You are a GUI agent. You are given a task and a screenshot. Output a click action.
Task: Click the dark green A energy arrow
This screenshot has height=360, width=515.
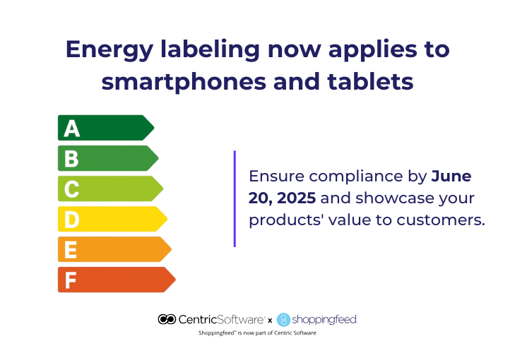tap(106, 128)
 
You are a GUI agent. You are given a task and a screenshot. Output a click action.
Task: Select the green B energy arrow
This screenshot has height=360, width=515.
tap(108, 158)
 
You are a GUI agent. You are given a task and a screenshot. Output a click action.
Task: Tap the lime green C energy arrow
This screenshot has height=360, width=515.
tap(110, 188)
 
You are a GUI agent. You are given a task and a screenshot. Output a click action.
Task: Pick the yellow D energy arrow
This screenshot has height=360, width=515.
tap(112, 219)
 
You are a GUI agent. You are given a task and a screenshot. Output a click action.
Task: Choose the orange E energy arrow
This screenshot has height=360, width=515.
tap(114, 249)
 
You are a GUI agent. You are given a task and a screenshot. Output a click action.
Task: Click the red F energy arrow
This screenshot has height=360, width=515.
tap(117, 280)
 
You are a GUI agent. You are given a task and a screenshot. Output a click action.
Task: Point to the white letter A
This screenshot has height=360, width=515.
tap(72, 128)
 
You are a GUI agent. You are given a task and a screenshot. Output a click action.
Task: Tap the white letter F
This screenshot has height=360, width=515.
tap(70, 280)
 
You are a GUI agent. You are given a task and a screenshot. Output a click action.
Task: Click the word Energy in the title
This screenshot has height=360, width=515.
tap(109, 51)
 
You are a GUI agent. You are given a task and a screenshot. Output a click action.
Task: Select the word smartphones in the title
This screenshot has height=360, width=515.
tap(184, 81)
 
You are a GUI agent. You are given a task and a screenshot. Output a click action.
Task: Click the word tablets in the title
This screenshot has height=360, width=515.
tap(370, 80)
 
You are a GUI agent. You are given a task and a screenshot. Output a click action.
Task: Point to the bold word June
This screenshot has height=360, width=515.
tap(451, 176)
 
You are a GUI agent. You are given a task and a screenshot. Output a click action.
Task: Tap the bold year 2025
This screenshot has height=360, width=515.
tap(296, 198)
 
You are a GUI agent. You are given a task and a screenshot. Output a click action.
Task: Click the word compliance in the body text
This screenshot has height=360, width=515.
tap(356, 177)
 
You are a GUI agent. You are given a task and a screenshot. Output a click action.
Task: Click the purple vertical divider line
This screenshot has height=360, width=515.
tap(235, 198)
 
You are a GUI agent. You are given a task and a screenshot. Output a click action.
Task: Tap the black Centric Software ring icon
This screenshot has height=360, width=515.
tap(167, 319)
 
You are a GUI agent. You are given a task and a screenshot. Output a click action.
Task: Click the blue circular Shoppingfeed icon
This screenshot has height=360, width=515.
tap(283, 320)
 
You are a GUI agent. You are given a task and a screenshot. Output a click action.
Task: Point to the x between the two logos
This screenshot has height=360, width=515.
tap(270, 320)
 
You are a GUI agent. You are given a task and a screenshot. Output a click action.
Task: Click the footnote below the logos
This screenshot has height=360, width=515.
tap(257, 333)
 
